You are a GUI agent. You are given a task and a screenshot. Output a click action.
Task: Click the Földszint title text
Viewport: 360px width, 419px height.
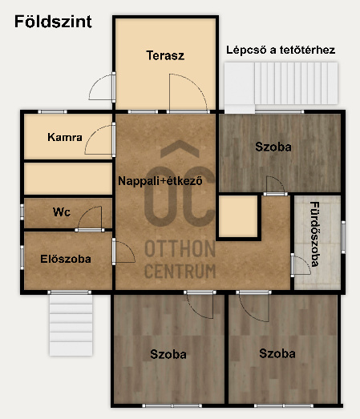[53, 22]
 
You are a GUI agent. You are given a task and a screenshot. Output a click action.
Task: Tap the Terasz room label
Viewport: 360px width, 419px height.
[165, 55]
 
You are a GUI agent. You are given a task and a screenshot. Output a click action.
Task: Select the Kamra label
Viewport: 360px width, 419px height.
[65, 137]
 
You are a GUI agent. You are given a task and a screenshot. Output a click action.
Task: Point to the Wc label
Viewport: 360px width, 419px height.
[62, 212]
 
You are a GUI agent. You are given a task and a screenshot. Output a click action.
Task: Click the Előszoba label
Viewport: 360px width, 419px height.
[66, 259]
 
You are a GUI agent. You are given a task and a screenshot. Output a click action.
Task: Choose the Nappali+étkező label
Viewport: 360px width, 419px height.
[160, 181]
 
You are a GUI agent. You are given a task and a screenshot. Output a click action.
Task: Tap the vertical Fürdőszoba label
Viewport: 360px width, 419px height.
[315, 234]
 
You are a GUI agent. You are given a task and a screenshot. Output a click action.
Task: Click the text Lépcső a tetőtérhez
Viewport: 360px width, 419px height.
[281, 50]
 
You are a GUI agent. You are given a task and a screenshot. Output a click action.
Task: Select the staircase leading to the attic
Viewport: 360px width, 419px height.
[281, 83]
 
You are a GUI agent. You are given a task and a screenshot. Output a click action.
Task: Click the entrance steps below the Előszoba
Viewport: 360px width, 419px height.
[71, 325]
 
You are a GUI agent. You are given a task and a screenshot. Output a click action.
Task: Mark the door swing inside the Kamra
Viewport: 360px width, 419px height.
[98, 139]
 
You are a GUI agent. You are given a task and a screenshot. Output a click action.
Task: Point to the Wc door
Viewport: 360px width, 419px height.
[90, 219]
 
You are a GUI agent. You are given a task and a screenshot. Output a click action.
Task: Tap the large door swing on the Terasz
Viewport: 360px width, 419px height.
[188, 92]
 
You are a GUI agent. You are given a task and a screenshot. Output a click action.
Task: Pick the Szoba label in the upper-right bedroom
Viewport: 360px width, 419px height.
[273, 147]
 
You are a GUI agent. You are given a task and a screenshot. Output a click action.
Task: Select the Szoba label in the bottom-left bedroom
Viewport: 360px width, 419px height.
[168, 354]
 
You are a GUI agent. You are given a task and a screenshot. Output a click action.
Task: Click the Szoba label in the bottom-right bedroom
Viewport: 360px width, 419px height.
[277, 353]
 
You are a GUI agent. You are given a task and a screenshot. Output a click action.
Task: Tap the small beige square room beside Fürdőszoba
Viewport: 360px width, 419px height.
[238, 216]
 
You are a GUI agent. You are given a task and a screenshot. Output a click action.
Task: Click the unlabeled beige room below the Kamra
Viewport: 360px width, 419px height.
[68, 179]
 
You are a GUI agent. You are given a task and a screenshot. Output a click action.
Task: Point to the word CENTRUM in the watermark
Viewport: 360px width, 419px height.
[180, 271]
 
